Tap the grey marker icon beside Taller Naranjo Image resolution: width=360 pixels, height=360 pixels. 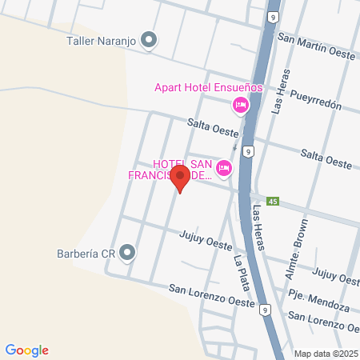[x=149, y=38]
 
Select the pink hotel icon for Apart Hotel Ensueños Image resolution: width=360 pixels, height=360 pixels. [x=239, y=105]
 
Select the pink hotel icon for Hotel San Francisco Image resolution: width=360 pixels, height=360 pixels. [x=224, y=167]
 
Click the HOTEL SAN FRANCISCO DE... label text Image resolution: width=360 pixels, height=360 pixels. [x=170, y=171]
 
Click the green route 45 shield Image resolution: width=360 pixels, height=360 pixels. [x=273, y=201]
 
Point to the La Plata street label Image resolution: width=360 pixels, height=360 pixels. [x=241, y=273]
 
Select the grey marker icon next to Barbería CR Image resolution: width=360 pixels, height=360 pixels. [x=128, y=253]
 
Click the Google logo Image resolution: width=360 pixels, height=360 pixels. [x=27, y=350]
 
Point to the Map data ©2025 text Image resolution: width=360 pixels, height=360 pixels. [x=325, y=354]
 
